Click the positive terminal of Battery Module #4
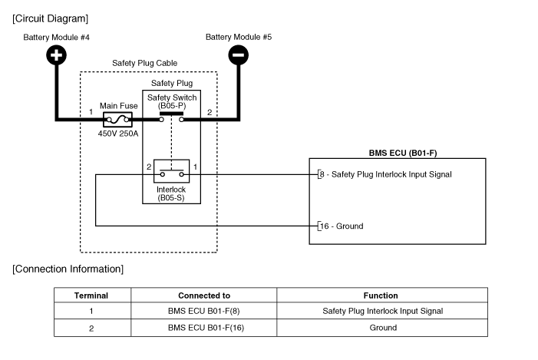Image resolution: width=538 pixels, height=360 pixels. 57,54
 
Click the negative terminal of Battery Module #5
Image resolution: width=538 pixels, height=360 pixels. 239,54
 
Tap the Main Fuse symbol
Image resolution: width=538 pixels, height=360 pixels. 117,119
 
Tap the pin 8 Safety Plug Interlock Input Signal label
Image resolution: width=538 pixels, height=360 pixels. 386,174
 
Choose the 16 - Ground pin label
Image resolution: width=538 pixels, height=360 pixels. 342,226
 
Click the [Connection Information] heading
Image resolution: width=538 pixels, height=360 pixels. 68,269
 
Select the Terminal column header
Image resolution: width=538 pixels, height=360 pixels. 91,296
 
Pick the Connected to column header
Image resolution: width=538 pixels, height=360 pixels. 203,296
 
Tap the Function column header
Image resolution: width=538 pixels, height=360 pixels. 381,296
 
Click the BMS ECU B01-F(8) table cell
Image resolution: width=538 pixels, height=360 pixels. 203,312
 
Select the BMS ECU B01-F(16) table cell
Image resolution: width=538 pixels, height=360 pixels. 203,328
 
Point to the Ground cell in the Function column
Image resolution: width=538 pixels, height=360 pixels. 381,328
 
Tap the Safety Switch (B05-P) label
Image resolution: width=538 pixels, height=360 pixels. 172,102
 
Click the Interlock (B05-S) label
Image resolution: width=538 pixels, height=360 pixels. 171,193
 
